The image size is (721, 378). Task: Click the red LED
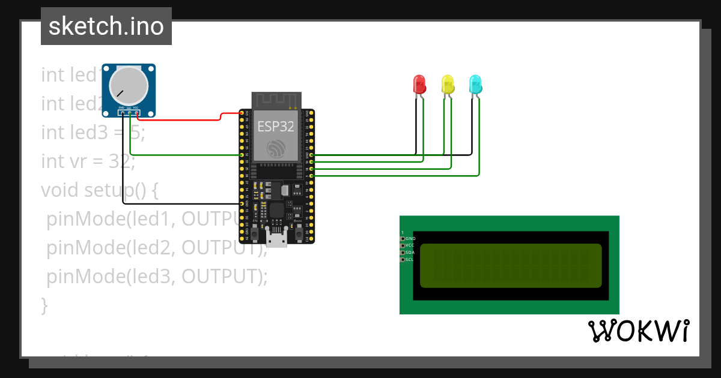click(x=419, y=83)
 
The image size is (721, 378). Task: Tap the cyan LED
click(x=475, y=83)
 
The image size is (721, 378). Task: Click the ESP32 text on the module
click(x=276, y=127)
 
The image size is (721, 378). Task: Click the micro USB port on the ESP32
click(x=276, y=239)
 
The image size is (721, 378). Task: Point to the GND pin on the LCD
click(x=403, y=238)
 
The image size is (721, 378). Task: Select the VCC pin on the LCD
click(x=403, y=245)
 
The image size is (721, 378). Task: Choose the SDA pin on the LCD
click(x=403, y=253)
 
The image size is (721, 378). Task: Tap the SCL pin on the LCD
click(x=403, y=260)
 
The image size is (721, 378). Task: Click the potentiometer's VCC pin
click(x=136, y=112)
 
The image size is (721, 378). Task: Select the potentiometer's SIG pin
click(x=129, y=112)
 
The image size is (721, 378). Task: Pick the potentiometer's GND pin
click(x=122, y=112)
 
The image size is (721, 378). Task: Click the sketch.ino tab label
click(x=106, y=26)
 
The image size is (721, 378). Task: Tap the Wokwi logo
click(x=638, y=331)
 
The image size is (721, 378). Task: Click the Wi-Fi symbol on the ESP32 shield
click(x=276, y=148)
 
